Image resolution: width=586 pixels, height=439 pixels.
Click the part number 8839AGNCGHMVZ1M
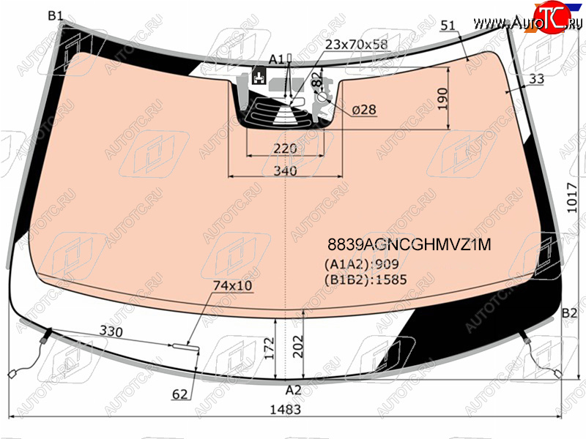pos(409,244)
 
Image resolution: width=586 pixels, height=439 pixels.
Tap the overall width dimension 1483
pos(285,410)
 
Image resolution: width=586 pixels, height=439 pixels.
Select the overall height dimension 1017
pos(572,198)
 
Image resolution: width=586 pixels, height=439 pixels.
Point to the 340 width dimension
pos(285,170)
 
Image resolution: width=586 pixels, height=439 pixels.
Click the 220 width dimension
pos(285,149)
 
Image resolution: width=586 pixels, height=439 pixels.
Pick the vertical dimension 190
pos(442,99)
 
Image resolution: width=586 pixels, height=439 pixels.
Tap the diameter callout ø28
pos(364,110)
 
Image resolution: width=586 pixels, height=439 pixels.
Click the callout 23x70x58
pos(356,45)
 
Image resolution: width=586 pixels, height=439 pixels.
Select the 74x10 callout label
pos(232,285)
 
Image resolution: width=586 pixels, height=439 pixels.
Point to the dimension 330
pos(111,331)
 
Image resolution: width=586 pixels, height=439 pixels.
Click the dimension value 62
pos(179,394)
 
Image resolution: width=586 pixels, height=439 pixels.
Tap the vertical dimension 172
pos(270,348)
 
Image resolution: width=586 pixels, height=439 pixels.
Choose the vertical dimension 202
pos(298,346)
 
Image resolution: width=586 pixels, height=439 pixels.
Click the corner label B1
pos(56,15)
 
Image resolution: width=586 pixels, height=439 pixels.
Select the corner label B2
pos(569,313)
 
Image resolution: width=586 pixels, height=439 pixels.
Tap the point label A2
pos(293,390)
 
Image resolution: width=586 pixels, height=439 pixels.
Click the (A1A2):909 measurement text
pos(362,264)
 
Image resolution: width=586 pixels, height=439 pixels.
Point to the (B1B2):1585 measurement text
pos(366,279)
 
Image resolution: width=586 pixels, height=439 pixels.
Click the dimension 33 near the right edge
pos(537,79)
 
